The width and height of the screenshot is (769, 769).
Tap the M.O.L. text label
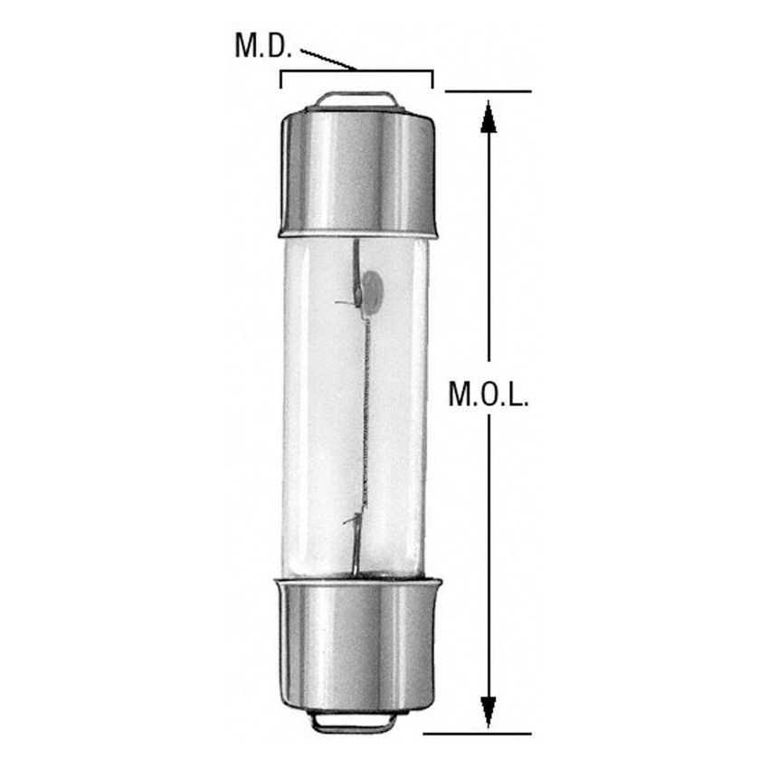coord(489,394)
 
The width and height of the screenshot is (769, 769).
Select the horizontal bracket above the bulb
coord(356,72)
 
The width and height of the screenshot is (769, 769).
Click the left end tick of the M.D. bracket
coord(281,81)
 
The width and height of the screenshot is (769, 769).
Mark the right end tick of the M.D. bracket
coord(432,81)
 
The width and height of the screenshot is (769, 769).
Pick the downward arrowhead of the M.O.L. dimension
coord(489,711)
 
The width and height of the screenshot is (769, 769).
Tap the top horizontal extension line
coord(489,91)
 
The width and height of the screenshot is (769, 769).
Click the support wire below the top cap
coord(358,258)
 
